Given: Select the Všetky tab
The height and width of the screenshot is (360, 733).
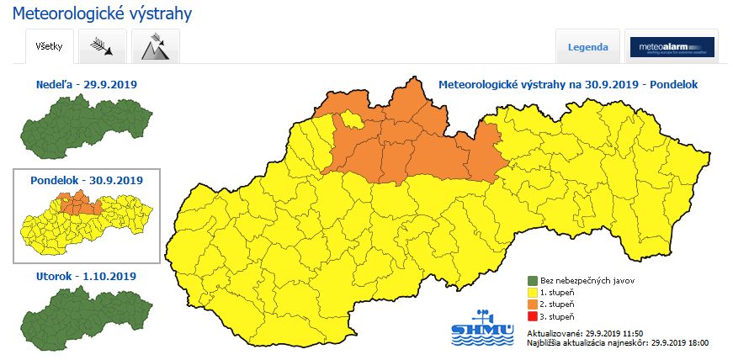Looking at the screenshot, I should (x=49, y=46).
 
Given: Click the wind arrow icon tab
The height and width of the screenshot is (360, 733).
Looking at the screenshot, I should (x=103, y=46).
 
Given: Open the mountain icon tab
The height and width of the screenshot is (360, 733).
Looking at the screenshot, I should (x=156, y=46).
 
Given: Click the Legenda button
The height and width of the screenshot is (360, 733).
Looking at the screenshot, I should (x=588, y=47).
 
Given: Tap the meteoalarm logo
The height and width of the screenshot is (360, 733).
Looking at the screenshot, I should (x=672, y=47).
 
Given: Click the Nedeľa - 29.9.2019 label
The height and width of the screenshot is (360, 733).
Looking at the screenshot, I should (x=86, y=85).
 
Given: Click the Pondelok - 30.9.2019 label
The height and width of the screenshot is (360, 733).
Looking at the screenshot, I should (x=86, y=180).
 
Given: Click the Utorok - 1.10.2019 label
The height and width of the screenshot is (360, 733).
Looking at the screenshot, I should (x=86, y=276).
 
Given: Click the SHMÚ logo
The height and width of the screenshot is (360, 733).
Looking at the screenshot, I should (x=482, y=327).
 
